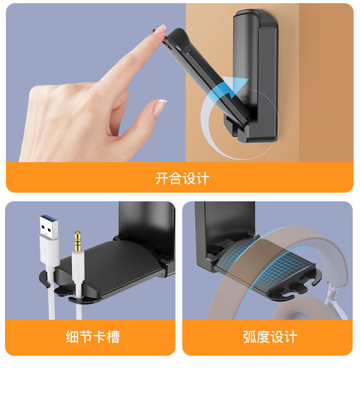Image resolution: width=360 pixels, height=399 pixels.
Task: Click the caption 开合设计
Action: tap(182, 178)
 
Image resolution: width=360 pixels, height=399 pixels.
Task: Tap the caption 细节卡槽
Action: tap(93, 337)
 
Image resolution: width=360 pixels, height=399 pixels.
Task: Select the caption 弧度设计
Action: tap(270, 337)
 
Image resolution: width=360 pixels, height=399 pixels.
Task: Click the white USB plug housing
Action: tap(49, 251)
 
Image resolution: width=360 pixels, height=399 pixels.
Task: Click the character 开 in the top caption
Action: tap(162, 178)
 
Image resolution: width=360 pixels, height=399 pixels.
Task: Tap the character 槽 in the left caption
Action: tap(113, 337)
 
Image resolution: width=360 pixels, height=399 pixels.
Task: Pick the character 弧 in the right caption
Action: tap(249, 337)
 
